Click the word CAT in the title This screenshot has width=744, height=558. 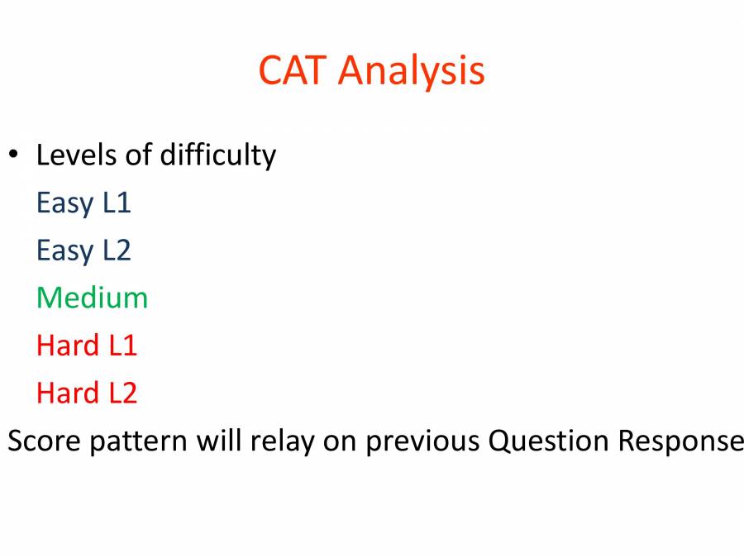pyautogui.click(x=293, y=70)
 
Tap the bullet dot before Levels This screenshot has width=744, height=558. pyautogui.click(x=13, y=155)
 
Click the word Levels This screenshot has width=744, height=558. pyautogui.click(x=77, y=155)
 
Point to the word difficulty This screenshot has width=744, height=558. pyautogui.click(x=217, y=156)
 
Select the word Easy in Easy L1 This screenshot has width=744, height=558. pyautogui.click(x=64, y=203)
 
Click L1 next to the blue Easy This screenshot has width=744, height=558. pyautogui.click(x=117, y=203)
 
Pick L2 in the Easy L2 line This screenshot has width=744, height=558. pyautogui.click(x=117, y=250)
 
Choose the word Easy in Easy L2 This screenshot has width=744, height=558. pyautogui.click(x=64, y=251)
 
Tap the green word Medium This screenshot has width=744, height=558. pyautogui.click(x=92, y=298)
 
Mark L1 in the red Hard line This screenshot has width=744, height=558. pyautogui.click(x=122, y=346)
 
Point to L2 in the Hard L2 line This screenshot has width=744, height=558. pyautogui.click(x=122, y=393)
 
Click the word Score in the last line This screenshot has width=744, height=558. pyautogui.click(x=44, y=441)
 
